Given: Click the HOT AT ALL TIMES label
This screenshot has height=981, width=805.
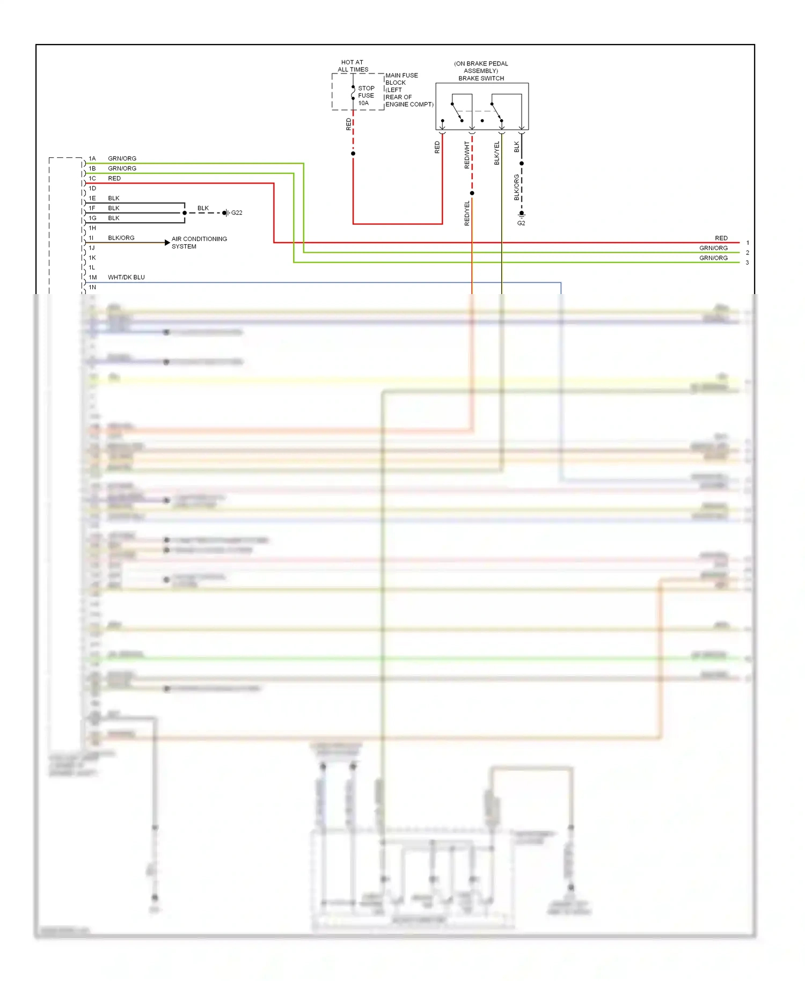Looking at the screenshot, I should pos(353,66).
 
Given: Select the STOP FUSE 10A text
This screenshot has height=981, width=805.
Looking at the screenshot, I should pos(366,96).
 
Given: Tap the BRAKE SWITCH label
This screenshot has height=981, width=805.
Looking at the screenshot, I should pos(481,78).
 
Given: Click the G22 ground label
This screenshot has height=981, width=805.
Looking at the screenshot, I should pos(237,213).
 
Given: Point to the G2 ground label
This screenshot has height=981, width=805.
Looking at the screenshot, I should pos(521,223).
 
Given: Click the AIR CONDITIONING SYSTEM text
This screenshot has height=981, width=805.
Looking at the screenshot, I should pos(199,243).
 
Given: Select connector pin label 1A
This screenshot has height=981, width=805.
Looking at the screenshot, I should pos(92,159).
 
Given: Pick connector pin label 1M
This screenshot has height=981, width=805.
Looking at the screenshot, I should pos(93,277).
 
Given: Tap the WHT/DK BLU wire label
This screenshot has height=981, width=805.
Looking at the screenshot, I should pos(126,277).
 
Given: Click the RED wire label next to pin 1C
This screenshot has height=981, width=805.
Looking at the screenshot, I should pos(114,179).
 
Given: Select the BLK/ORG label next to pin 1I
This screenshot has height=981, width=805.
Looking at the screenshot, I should pos(121,238).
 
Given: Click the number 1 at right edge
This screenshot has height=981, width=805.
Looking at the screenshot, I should pos(748,243).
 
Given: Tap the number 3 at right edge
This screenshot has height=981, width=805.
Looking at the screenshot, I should pos(747,263).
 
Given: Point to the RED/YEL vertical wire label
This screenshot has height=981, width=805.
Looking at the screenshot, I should pos(467,213).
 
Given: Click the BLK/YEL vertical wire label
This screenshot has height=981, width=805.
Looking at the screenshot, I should pos(497,153).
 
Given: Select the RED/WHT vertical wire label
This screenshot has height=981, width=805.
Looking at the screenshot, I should pos(467,155).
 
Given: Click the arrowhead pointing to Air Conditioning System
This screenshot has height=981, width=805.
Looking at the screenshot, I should pos(167,243).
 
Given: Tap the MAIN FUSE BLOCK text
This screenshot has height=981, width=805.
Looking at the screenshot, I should pos(401,79).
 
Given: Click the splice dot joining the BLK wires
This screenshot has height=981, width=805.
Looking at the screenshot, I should pos(185,213).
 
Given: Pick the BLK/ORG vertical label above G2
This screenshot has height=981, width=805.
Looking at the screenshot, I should pos(517,187).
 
